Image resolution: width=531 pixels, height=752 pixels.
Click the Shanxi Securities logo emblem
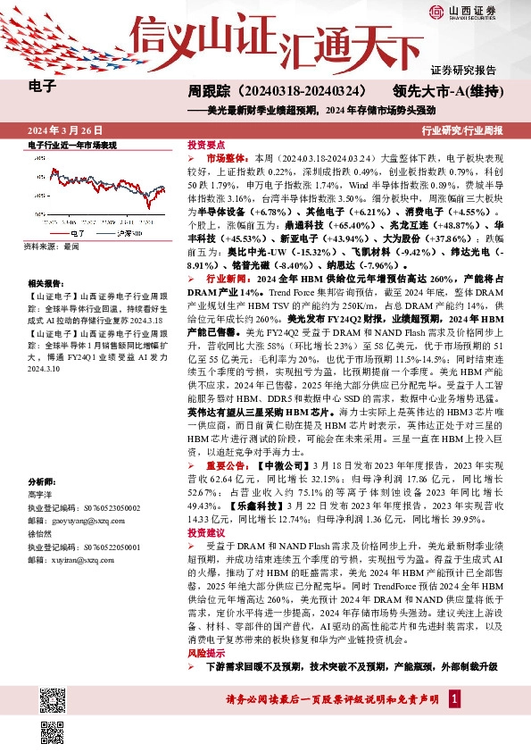tap(436, 12)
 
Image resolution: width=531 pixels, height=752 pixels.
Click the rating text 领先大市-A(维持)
tap(445, 91)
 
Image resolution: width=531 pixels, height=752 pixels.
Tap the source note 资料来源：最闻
tap(52, 245)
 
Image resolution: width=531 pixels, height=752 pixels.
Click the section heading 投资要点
tap(205, 144)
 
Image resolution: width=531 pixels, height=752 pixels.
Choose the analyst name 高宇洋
tap(41, 494)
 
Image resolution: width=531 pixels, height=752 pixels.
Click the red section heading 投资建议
tap(205, 531)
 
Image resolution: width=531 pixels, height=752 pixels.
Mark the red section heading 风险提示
tap(205, 654)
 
